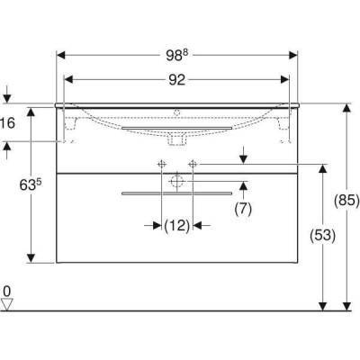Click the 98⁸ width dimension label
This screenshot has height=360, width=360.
(177, 55)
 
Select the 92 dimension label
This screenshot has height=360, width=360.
(177, 80)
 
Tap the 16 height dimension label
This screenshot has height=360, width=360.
(7, 123)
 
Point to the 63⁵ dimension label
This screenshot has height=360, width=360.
(31, 184)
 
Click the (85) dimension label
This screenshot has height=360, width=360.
(346, 201)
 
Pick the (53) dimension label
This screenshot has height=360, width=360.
(322, 236)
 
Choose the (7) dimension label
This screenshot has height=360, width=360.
(243, 209)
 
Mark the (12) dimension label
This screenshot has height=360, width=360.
(177, 225)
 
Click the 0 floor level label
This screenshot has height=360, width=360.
(6, 291)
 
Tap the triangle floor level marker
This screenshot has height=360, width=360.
(7, 304)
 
